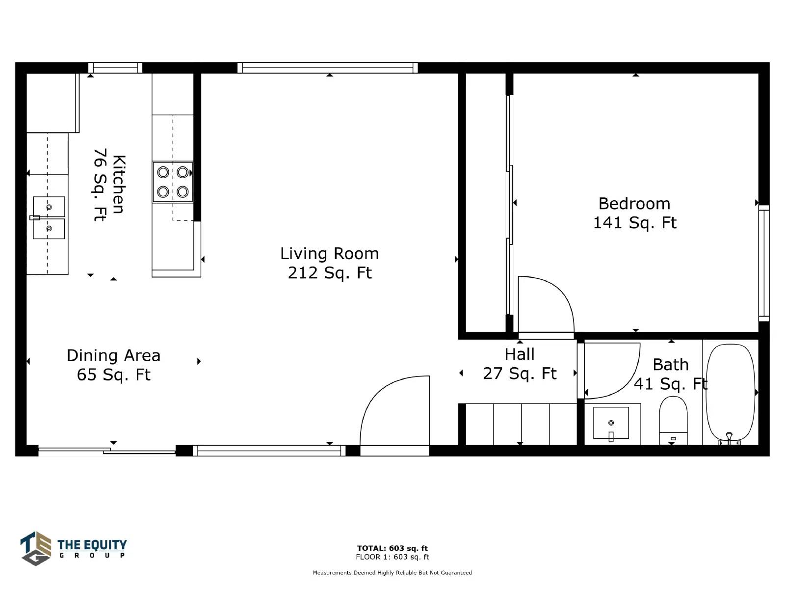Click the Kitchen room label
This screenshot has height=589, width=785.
(x=109, y=185)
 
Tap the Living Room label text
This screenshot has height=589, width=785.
(x=329, y=263)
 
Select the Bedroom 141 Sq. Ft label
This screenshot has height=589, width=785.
(x=635, y=213)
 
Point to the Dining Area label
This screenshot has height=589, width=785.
(x=113, y=365)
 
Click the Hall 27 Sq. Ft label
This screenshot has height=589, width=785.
(x=520, y=364)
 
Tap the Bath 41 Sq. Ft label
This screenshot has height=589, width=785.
(x=671, y=374)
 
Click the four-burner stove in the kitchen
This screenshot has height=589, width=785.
(x=173, y=182)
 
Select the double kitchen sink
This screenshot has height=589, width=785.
(x=48, y=217)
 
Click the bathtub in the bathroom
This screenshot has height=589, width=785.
(x=730, y=393)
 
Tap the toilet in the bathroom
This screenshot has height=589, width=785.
(x=673, y=421)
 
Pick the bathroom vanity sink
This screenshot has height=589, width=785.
(x=611, y=423)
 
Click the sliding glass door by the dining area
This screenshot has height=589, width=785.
(x=107, y=451)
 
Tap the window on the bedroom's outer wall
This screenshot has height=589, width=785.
(x=764, y=263)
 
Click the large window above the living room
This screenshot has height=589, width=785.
(x=327, y=68)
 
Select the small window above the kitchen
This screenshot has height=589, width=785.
(x=115, y=68)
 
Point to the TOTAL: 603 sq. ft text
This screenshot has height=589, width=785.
(x=392, y=548)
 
